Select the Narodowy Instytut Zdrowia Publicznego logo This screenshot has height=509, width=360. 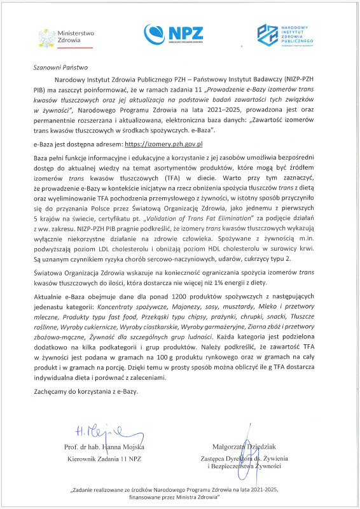(x=286, y=34)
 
